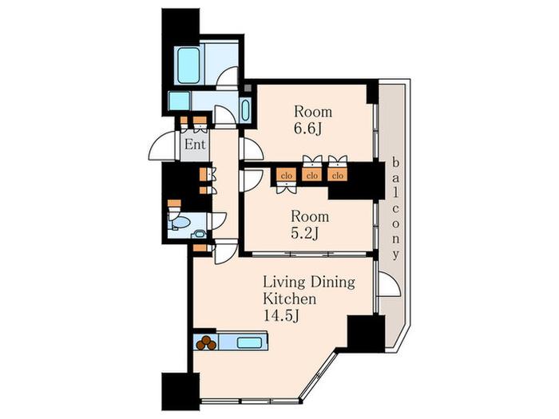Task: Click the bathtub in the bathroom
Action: coord(188,65)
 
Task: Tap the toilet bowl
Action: coord(180,223)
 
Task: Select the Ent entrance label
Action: coord(195,144)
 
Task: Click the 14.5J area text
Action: coord(280,316)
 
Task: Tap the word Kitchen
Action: coord(289,298)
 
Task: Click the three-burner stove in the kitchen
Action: coord(206,342)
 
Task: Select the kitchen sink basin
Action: coord(249,342)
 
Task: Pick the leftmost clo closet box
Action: coord(287,176)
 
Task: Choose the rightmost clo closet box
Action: coord(337,176)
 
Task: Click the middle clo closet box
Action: coord(312,176)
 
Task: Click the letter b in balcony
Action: coord(395,163)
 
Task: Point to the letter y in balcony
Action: coord(395,255)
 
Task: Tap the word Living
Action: coord(284,283)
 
